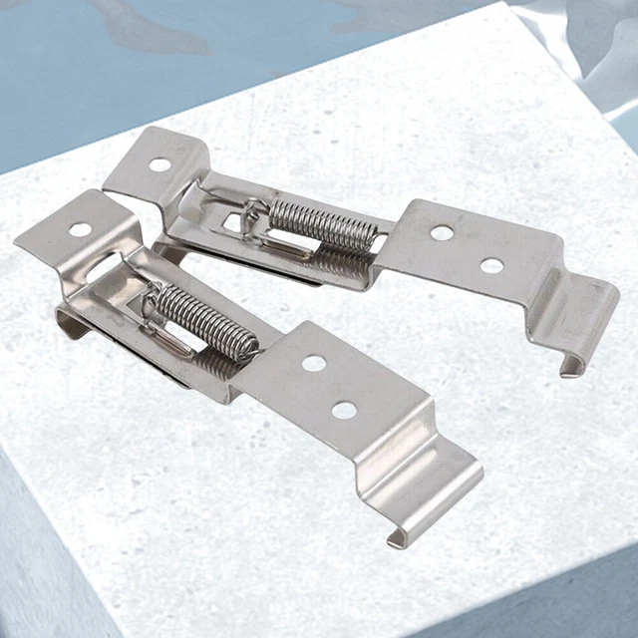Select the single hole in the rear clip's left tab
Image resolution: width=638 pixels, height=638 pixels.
pos(159,164)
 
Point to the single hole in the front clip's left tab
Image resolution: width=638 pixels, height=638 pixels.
pos(80,229)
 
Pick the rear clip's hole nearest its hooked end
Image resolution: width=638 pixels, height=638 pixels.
pos(491,265)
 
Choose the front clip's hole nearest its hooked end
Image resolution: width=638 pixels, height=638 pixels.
pos(345,410)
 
